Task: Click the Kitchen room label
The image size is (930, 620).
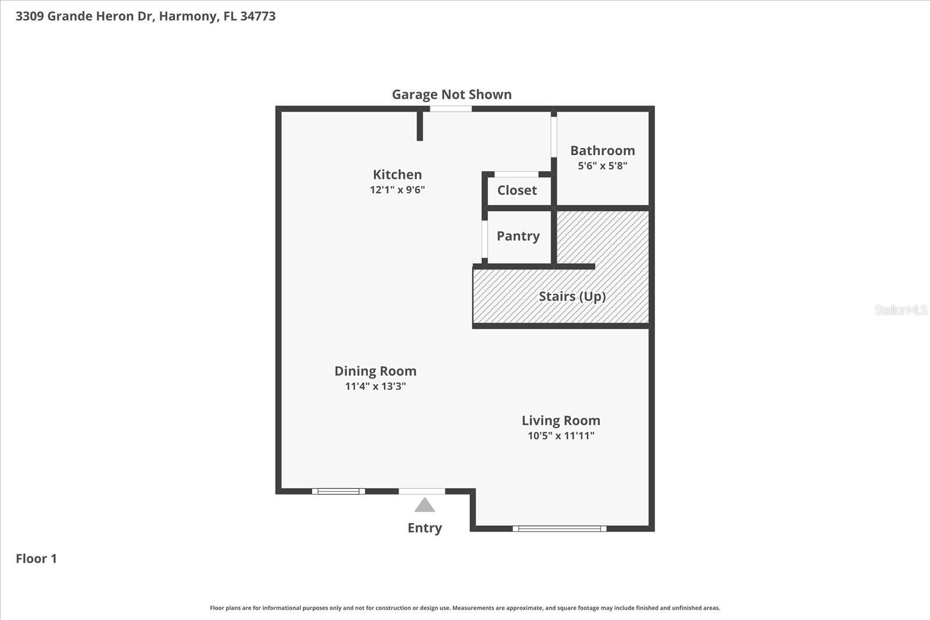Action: click(x=397, y=174)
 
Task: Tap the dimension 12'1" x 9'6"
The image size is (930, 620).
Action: click(x=397, y=190)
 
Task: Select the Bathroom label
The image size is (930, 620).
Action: click(x=602, y=150)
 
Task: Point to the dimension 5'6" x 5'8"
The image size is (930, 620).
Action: click(x=602, y=166)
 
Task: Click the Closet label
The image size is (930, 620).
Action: click(x=517, y=190)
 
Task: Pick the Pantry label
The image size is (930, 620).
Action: click(x=518, y=236)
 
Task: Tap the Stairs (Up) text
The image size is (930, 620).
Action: click(x=572, y=296)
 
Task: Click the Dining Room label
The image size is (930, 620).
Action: click(x=375, y=371)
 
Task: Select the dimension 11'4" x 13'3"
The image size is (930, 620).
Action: click(x=375, y=386)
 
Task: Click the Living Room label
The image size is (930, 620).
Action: click(x=560, y=420)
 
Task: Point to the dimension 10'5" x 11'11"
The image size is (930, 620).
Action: click(x=560, y=436)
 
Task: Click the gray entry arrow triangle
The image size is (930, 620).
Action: click(x=424, y=506)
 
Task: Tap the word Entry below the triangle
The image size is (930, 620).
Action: click(x=424, y=528)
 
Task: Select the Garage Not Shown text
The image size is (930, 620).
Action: click(x=452, y=94)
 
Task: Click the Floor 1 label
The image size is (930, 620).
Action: click(x=36, y=558)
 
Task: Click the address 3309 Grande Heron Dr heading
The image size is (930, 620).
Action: click(x=145, y=16)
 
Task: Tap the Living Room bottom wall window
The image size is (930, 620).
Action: click(x=559, y=529)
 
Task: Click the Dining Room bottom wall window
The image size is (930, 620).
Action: click(x=338, y=492)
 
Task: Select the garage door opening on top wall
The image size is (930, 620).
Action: click(x=450, y=109)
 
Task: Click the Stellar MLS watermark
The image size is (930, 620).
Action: click(x=900, y=310)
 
